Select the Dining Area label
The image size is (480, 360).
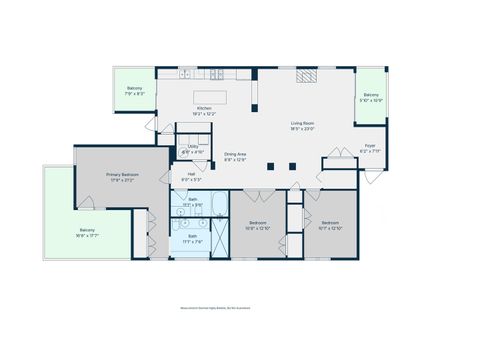click(235, 154)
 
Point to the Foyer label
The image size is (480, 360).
click(369, 146)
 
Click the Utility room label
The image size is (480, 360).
click(192, 147)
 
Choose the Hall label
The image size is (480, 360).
click(191, 174)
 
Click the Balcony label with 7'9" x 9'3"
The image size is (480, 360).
click(134, 88)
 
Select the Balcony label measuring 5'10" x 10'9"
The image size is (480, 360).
click(371, 95)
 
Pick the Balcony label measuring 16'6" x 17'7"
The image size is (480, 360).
click(88, 231)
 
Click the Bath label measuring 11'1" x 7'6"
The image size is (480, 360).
click(192, 237)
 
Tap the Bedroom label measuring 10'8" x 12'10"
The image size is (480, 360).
click(258, 223)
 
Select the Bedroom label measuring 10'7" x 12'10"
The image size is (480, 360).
click(331, 223)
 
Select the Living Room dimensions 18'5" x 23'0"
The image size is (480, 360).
click(303, 128)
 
